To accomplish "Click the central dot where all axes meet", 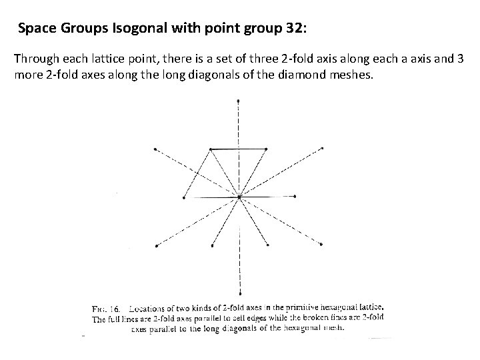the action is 239,197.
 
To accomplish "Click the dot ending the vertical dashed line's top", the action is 239,101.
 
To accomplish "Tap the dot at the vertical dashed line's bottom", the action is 239,293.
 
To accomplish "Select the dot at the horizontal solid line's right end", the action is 294,197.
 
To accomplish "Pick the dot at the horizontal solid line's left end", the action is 183,197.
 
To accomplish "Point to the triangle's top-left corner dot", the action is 211,149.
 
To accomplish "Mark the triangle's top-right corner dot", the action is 267,149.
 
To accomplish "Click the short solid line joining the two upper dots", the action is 239,149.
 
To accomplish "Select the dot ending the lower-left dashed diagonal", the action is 155,245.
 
